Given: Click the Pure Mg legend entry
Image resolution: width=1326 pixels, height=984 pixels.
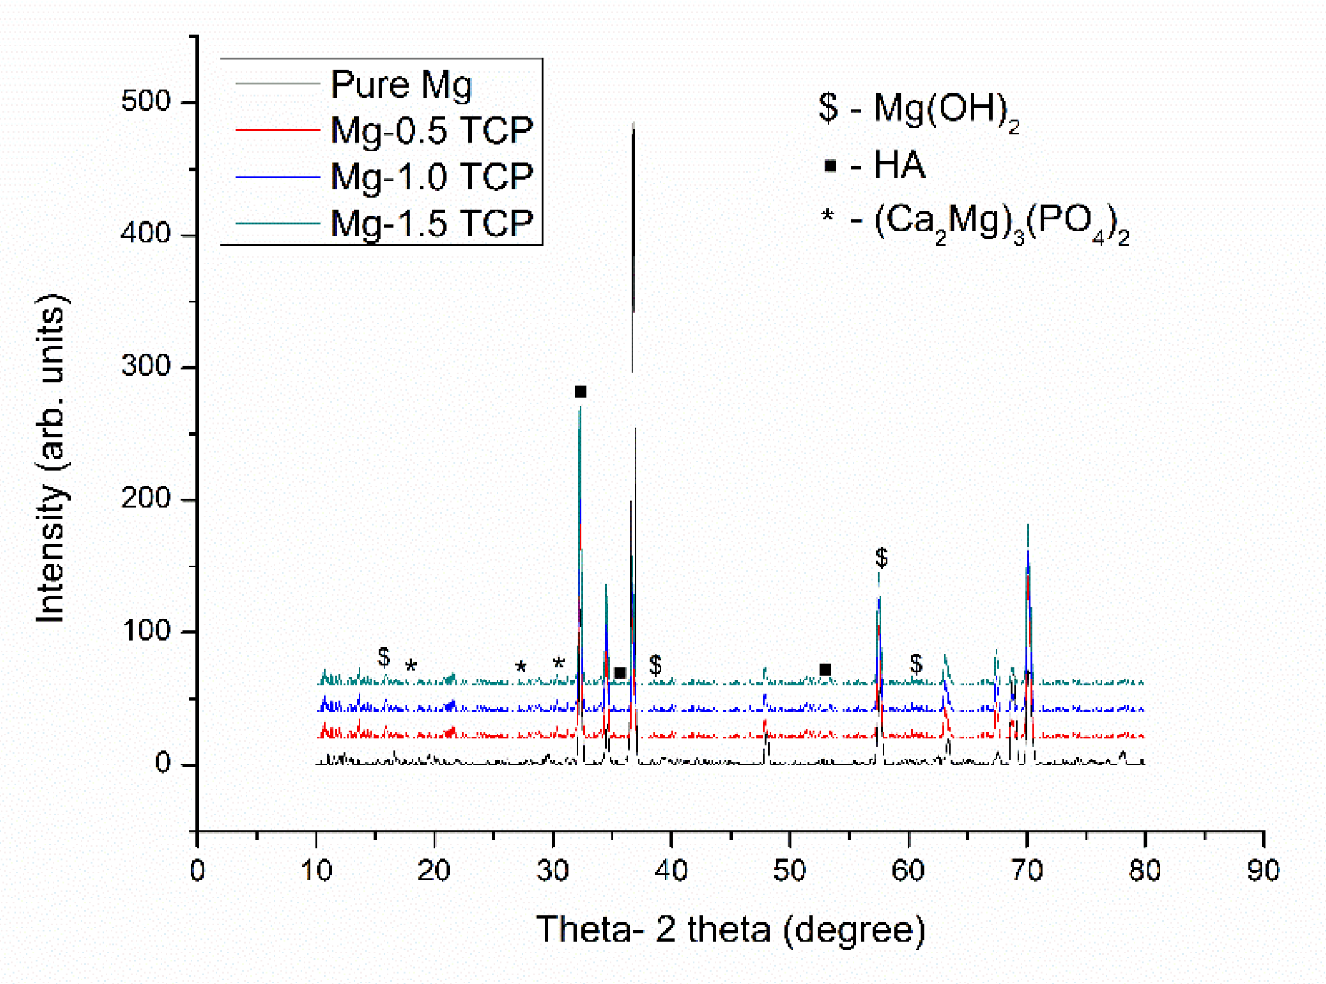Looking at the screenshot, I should (x=401, y=84).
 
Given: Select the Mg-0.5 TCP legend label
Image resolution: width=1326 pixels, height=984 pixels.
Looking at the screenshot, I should (x=431, y=130).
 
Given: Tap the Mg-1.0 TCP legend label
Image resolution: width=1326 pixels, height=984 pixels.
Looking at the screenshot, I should (x=431, y=177).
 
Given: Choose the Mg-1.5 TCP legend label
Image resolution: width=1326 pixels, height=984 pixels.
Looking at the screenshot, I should (x=431, y=223).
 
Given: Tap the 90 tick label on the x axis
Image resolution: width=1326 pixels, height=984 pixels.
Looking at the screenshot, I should (x=1262, y=870).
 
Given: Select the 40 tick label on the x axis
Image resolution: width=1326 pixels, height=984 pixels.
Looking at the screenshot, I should (x=671, y=870).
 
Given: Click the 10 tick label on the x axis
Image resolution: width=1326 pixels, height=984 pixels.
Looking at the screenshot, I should (x=316, y=870).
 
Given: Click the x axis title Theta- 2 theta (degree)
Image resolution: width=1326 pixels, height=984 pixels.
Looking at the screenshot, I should (x=730, y=929).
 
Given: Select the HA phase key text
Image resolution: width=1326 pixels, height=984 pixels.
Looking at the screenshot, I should (x=899, y=165).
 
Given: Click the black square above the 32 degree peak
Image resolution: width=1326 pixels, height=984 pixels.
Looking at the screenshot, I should (x=580, y=392).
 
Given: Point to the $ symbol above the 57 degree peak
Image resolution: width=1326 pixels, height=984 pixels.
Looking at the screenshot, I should (x=881, y=557).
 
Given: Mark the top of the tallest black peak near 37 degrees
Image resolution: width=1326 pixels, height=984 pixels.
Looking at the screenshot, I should (x=633, y=124).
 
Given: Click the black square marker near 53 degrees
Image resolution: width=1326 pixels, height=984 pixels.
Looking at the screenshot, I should (x=825, y=669).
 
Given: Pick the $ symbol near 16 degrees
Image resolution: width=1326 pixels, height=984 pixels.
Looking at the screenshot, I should (x=384, y=657).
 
